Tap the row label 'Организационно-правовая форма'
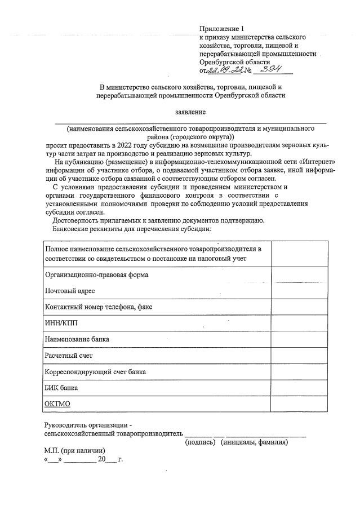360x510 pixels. click(x=96, y=275)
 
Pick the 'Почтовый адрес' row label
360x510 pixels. click(x=70, y=291)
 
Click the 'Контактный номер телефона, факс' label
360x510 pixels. click(x=98, y=307)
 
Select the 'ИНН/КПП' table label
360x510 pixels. click(x=61, y=323)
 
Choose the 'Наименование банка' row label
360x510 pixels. click(x=77, y=340)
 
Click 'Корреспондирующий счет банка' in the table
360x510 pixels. click(x=95, y=372)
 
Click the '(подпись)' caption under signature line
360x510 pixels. click(x=201, y=442)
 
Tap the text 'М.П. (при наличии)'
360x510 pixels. click(x=75, y=451)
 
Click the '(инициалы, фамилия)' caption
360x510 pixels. click(x=255, y=442)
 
